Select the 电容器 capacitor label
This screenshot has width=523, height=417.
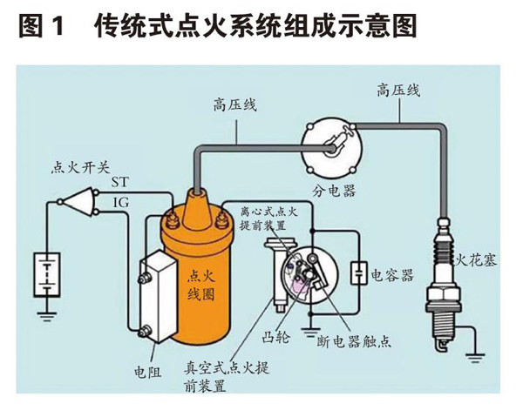(392, 274)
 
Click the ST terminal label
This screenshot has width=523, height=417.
(121, 182)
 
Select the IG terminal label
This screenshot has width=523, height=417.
(121, 202)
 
